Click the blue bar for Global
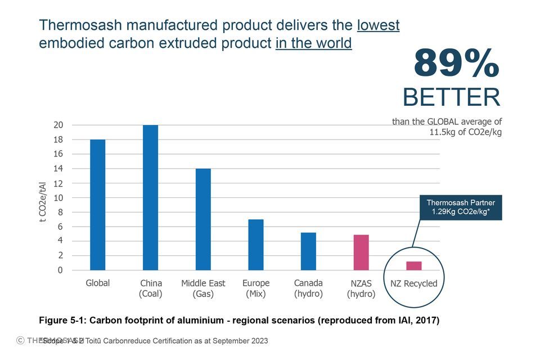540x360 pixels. tap(97, 205)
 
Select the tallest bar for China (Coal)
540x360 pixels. tap(150, 197)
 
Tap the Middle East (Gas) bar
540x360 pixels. tap(203, 219)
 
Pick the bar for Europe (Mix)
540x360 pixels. tap(256, 245)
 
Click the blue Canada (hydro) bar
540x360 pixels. tap(308, 251)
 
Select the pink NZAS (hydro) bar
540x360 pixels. tap(361, 253)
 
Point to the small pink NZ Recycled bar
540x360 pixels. tap(414, 265)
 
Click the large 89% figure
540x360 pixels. tap(456, 64)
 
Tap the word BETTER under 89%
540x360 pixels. tap(451, 97)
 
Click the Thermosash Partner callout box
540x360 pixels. tap(461, 207)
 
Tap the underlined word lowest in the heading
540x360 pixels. tap(378, 25)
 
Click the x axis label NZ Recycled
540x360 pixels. tap(414, 283)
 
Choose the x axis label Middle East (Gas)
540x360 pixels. tap(203, 288)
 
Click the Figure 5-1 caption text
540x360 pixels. tap(239, 321)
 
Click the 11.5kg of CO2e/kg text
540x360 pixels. tap(466, 132)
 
